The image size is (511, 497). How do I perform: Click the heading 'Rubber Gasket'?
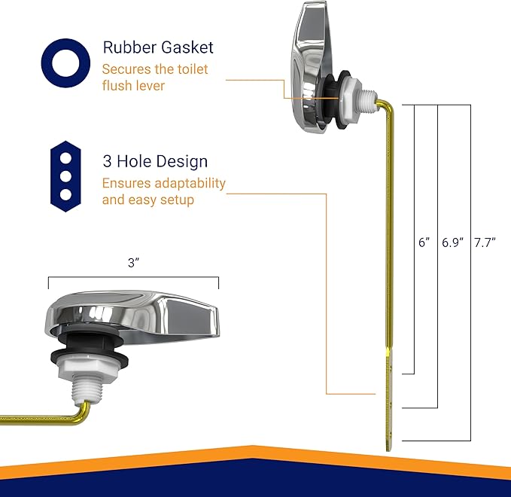coord(158,47)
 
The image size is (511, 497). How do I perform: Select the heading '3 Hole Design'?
coord(155,162)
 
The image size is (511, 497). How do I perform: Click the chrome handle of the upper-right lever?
coord(309,68)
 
